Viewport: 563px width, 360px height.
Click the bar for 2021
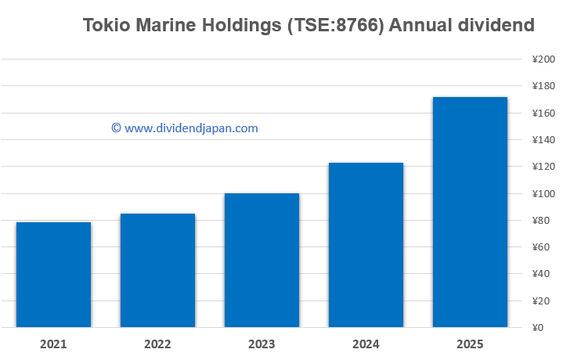pyautogui.click(x=53, y=274)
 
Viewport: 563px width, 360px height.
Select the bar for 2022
pyautogui.click(x=157, y=270)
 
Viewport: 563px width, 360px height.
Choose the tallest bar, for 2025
pyautogui.click(x=470, y=211)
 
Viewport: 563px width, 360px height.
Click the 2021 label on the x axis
pyautogui.click(x=53, y=344)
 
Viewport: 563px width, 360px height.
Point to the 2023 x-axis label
pyautogui.click(x=262, y=344)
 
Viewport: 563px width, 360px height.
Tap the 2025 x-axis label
pyautogui.click(x=470, y=344)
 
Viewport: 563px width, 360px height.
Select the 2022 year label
pyautogui.click(x=157, y=344)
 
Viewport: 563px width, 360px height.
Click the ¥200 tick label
pyautogui.click(x=543, y=59)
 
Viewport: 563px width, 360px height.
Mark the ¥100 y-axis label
pyautogui.click(x=543, y=194)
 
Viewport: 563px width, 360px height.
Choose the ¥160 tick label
pyautogui.click(x=543, y=113)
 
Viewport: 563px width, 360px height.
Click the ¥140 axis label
pyautogui.click(x=543, y=140)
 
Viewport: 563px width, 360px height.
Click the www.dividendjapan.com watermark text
pyautogui.click(x=191, y=128)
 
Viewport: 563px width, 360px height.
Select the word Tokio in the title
pyautogui.click(x=106, y=26)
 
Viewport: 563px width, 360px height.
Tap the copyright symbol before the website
pyautogui.click(x=116, y=128)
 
